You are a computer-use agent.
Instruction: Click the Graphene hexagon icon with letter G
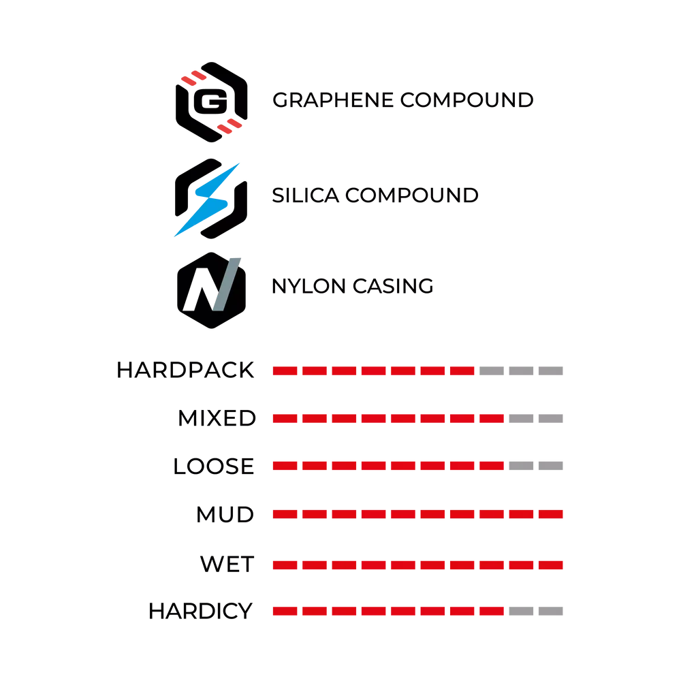pos(212,102)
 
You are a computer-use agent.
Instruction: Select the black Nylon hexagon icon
pos(212,290)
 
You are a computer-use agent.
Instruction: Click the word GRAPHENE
pos(333,100)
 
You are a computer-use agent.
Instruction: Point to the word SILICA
pos(305,195)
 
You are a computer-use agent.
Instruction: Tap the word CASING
pos(393,286)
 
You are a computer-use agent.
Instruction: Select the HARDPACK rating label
pos(185,370)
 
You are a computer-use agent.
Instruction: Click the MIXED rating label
pos(217,418)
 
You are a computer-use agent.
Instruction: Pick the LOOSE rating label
pos(213,466)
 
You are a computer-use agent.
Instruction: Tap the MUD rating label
pos(225,515)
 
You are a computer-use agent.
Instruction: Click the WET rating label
pos(227,564)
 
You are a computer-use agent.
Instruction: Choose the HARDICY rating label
pos(200,611)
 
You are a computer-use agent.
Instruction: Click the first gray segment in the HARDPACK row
pos(492,371)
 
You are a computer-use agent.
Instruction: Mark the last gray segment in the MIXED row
pos(551,419)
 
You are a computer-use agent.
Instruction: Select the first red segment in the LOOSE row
pos(285,466)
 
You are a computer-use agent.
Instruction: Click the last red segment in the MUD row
pos(551,515)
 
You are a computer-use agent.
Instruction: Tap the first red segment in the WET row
pos(285,565)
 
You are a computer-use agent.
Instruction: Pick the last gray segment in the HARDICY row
pos(551,612)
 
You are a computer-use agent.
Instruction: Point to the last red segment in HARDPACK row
pos(462,371)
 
